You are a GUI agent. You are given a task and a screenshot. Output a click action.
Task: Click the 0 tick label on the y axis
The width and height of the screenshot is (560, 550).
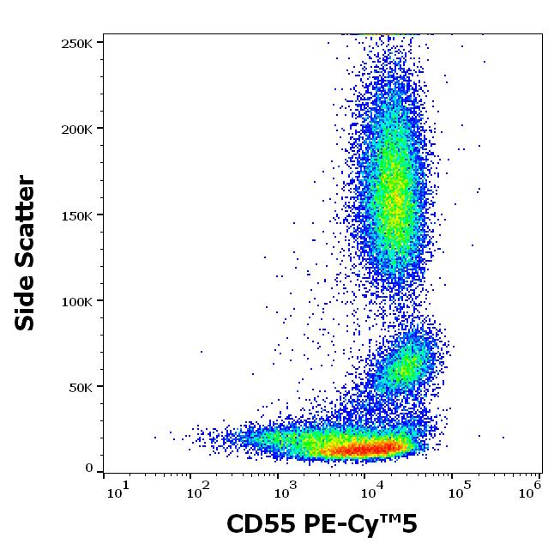point(88,468)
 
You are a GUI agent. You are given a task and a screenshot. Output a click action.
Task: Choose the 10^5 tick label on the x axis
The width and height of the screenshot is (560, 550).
point(459,490)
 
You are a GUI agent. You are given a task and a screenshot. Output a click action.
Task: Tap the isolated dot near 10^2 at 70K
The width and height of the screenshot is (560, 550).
point(202,351)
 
